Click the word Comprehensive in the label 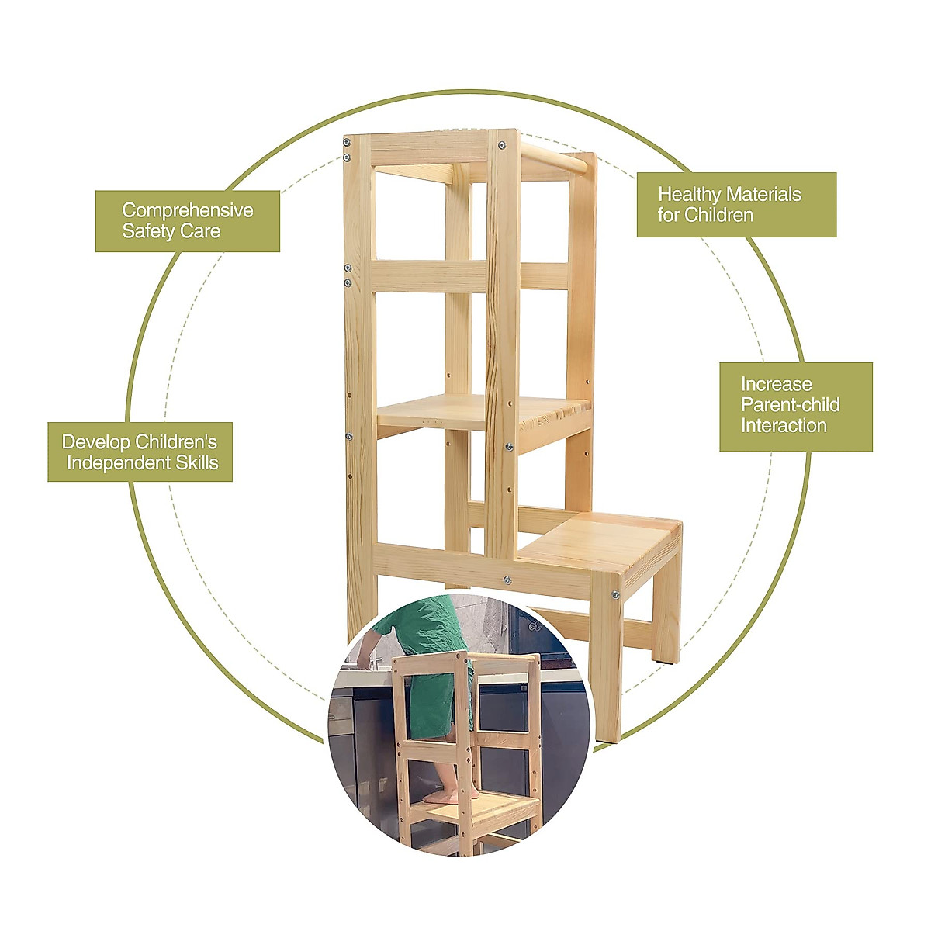click(187, 210)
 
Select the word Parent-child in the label click(790, 404)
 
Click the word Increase click(776, 384)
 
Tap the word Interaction click(784, 425)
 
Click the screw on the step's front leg click(614, 595)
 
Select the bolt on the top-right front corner click(504, 145)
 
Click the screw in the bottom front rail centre click(507, 580)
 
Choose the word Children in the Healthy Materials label click(718, 215)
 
